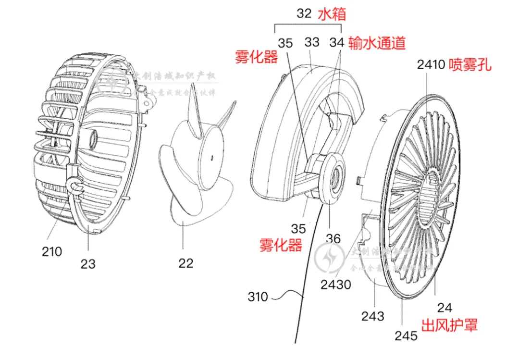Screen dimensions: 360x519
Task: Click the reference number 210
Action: tap(51, 251)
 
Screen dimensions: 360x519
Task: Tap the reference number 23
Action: tap(88, 263)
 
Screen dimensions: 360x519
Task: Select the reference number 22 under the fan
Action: tap(186, 263)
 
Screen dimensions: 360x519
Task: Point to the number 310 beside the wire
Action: tap(258, 297)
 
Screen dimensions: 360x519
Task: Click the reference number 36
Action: tap(333, 238)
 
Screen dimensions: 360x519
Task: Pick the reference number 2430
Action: tap(336, 285)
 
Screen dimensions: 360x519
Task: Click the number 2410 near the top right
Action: tap(431, 64)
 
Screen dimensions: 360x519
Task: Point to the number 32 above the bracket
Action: tap(304, 13)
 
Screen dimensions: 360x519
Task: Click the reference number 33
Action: tap(312, 42)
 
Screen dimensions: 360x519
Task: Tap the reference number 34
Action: tap(337, 43)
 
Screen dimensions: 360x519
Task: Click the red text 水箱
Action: tap(332, 14)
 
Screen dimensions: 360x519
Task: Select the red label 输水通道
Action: tap(377, 43)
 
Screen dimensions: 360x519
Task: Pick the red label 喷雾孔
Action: tap(470, 64)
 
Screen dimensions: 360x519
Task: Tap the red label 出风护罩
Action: tap(450, 325)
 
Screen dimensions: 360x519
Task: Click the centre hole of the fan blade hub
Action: tap(212, 157)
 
